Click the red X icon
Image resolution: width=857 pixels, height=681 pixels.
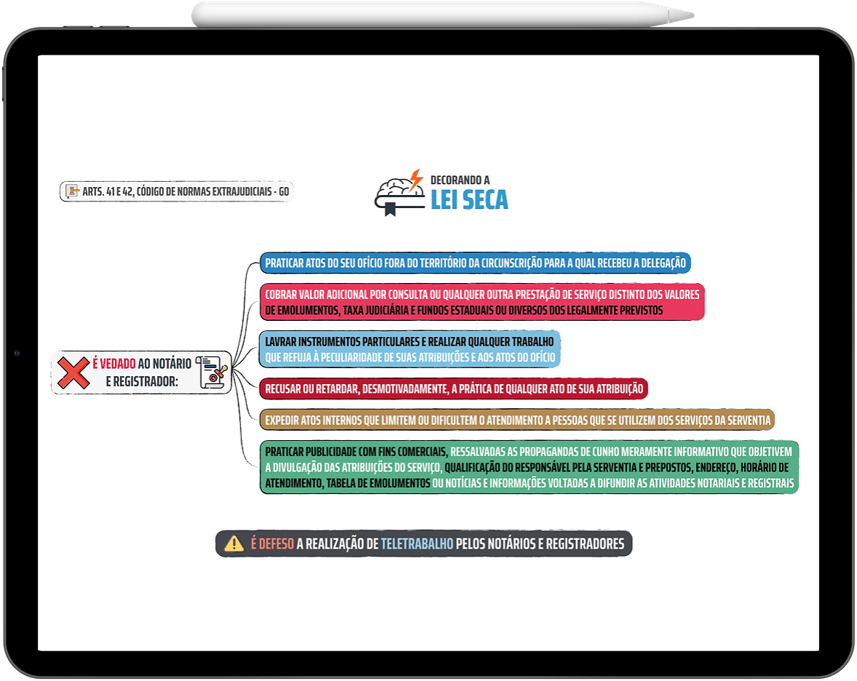pyautogui.click(x=74, y=373)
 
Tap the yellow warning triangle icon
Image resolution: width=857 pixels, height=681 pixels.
pyautogui.click(x=234, y=543)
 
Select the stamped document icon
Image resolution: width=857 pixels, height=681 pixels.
pyautogui.click(x=211, y=373)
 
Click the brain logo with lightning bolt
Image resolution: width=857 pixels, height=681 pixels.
pyautogui.click(x=400, y=193)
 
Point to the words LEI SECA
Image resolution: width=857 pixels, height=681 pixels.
pyautogui.click(x=470, y=200)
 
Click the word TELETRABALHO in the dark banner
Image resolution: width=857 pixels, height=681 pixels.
pyautogui.click(x=417, y=544)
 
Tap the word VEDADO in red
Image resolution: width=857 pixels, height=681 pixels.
pyautogui.click(x=117, y=364)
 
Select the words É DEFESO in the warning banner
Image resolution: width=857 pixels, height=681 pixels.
pyautogui.click(x=272, y=544)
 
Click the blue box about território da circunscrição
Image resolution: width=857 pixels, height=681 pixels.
pyautogui.click(x=475, y=263)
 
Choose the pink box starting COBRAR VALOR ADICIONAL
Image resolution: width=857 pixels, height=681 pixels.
pyautogui.click(x=482, y=302)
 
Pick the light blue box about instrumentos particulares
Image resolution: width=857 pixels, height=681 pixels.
pyautogui.click(x=410, y=349)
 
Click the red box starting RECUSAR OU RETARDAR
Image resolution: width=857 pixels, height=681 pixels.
pyautogui.click(x=454, y=389)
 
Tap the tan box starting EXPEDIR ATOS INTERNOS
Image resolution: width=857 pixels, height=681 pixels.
pyautogui.click(x=517, y=420)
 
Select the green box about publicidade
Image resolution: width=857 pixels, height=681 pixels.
pyautogui.click(x=529, y=468)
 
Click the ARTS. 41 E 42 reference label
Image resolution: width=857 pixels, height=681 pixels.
pyautogui.click(x=176, y=191)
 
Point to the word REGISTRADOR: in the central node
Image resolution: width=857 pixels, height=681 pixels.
pyautogui.click(x=142, y=382)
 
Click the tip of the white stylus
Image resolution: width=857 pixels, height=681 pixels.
pyautogui.click(x=693, y=15)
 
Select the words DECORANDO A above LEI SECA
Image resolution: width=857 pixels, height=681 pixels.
pyautogui.click(x=460, y=180)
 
